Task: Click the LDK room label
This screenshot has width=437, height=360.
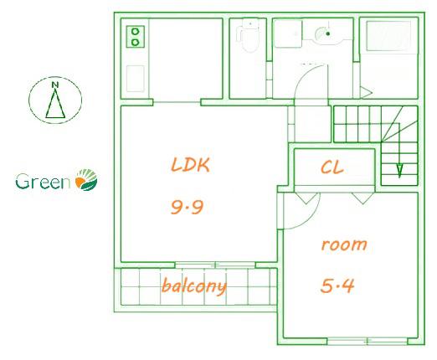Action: point(190,165)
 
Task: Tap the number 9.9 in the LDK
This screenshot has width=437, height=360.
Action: point(187,208)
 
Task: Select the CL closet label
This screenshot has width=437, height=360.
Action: point(332,167)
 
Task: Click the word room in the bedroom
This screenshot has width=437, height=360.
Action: point(344,244)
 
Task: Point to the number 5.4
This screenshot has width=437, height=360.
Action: point(337,285)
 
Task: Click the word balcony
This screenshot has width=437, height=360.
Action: point(194,285)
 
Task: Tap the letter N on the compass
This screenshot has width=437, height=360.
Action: point(55,85)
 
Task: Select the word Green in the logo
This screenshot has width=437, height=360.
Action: point(43,182)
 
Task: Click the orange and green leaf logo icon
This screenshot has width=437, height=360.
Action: point(86,180)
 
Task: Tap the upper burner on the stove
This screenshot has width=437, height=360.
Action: point(136,31)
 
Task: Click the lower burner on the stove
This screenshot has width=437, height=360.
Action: point(136,42)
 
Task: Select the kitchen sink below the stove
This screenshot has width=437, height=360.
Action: point(136,79)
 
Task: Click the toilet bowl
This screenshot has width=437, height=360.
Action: point(249,39)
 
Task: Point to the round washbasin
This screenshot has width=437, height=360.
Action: point(324,34)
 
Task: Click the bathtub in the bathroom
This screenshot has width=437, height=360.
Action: point(388,36)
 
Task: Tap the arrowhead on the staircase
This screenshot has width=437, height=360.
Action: point(399,171)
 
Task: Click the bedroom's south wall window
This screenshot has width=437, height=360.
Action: point(368,342)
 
